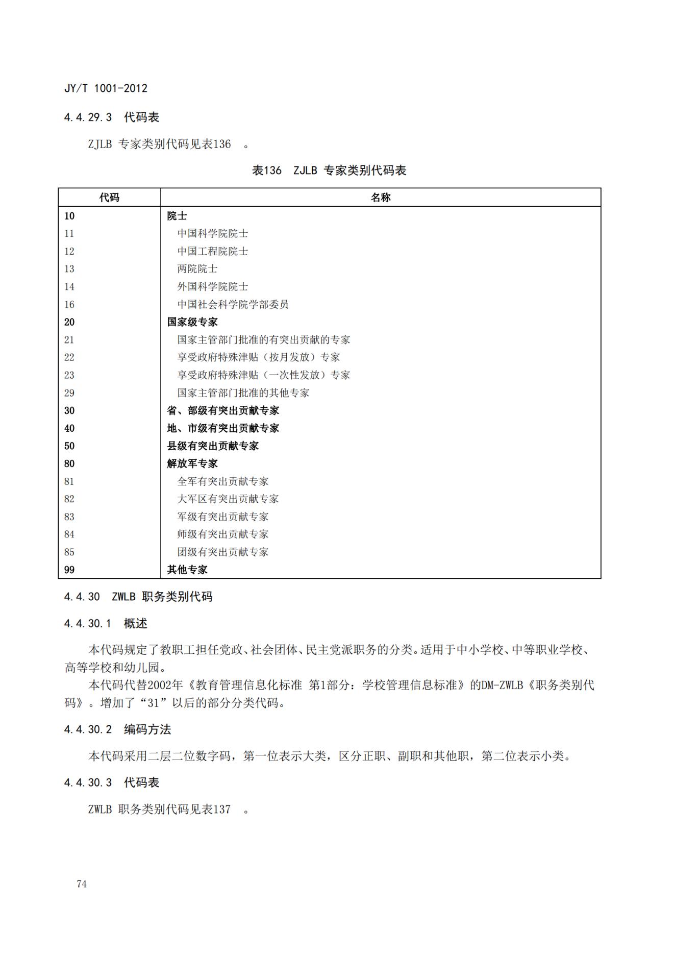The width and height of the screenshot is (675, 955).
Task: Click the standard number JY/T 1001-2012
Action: (106, 88)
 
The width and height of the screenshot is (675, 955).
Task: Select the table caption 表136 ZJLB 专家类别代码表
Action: (329, 170)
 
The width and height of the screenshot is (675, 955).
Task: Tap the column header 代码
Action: (109, 198)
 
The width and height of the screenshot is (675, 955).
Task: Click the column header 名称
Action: (381, 198)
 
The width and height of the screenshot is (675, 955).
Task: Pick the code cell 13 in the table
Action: (69, 269)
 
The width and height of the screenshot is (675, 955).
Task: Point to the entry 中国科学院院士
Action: (213, 234)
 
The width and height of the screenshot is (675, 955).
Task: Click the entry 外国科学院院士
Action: (213, 287)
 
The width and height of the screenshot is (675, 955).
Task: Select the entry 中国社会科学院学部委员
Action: (233, 305)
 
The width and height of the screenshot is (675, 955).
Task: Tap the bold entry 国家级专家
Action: (192, 322)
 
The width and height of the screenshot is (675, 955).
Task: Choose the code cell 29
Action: (69, 393)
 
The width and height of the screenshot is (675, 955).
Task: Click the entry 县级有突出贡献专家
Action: (213, 446)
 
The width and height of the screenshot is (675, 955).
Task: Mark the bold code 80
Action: (69, 464)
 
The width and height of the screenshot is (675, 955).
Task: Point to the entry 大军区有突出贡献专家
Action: (228, 499)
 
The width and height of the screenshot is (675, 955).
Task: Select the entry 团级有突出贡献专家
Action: (222, 552)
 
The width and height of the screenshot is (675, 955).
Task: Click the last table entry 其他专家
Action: (187, 570)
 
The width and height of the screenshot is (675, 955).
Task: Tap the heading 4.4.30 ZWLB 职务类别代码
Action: (138, 597)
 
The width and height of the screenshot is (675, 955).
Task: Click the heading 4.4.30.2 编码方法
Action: (117, 730)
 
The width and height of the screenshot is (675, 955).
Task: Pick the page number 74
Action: (82, 885)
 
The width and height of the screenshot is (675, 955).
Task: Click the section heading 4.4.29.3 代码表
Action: (112, 117)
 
